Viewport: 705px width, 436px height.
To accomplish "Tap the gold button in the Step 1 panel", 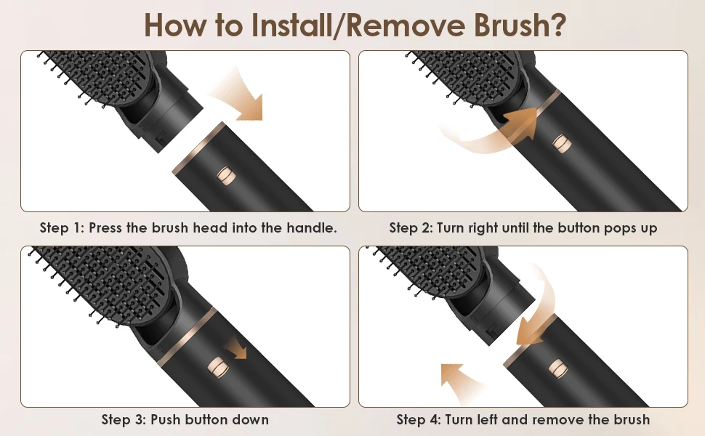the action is pos(226,175).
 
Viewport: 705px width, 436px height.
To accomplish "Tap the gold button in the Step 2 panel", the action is pos(562,143).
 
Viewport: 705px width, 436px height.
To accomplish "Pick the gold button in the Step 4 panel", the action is pos(558,369).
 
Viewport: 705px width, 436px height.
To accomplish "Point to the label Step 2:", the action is pos(411,228).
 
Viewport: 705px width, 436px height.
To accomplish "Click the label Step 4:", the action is pos(419,420).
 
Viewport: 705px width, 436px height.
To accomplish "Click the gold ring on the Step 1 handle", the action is pos(198,147).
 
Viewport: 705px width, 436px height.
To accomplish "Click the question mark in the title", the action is pos(557,25).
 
